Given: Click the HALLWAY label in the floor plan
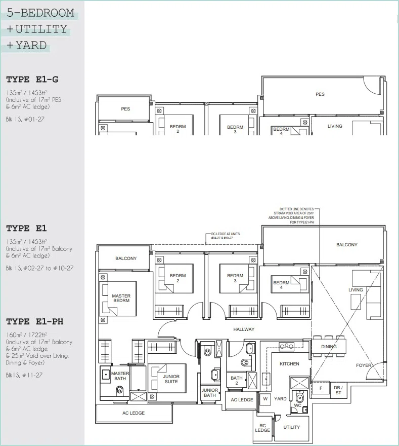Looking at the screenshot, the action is coord(244,329).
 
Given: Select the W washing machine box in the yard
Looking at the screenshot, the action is coord(265,399).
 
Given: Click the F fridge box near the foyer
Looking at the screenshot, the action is coord(321,388).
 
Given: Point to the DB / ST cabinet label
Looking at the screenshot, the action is coord(338,390).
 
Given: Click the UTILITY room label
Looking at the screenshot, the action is coord(291,427).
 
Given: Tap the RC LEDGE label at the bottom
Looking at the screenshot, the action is coord(262,428).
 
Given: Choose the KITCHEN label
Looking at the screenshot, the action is coord(289,364).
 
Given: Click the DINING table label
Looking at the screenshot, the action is coord(329,347).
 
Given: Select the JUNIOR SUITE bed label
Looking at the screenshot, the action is coord(171,379).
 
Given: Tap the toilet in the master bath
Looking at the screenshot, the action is coord(119,391).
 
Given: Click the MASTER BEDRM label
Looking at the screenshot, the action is coord(121,298).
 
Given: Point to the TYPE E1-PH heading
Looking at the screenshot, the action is coord(35,321).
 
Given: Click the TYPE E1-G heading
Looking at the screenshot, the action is coord(32,79).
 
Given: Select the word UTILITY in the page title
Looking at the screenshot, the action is coord(41,29).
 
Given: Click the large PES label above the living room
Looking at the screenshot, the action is coord(320,94).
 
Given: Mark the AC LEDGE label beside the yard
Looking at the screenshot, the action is coord(242,400).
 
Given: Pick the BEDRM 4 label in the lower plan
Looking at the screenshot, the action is coord(281,285).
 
